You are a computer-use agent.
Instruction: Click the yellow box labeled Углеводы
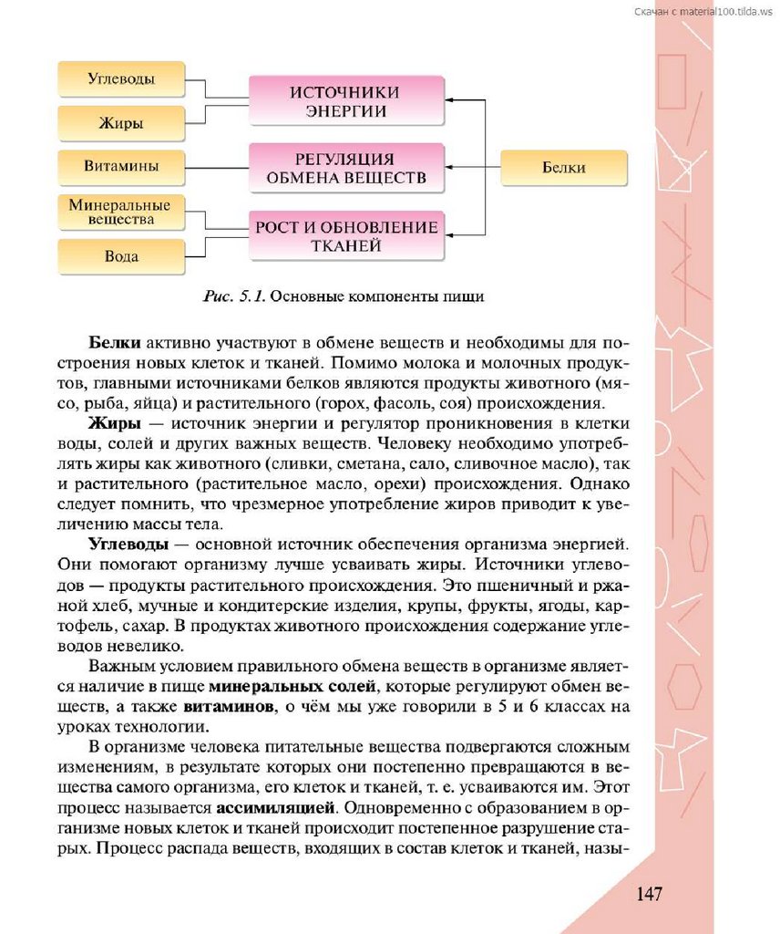click(121, 79)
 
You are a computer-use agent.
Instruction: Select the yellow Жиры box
click(121, 123)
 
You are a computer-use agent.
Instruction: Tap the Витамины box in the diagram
click(121, 167)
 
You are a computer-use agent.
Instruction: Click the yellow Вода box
click(121, 256)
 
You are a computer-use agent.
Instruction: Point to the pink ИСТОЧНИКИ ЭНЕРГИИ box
click(345, 101)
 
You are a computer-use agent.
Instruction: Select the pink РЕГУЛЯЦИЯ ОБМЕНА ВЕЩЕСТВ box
click(345, 167)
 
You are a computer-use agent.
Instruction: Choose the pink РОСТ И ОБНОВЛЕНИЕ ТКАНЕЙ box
click(345, 235)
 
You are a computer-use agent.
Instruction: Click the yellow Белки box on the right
click(564, 168)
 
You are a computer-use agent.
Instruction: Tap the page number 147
click(649, 893)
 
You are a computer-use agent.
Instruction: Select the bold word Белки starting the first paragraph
click(114, 344)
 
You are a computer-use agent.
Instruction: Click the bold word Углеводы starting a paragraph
click(128, 544)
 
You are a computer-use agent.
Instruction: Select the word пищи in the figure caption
click(462, 296)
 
